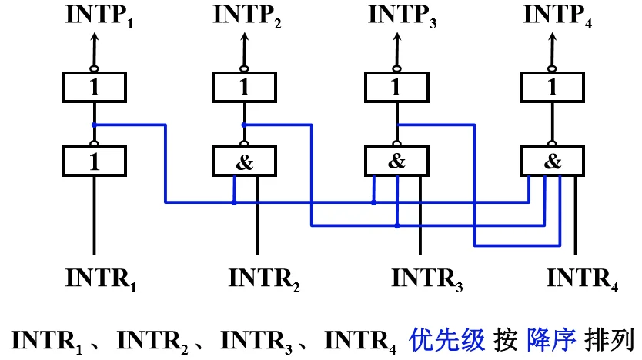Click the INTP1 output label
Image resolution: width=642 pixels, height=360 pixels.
pos(99,16)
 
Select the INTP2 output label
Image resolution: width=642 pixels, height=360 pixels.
pos(247,16)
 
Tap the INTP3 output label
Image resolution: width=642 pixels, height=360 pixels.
pos(403,16)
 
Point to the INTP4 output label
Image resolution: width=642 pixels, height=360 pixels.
pos(557,16)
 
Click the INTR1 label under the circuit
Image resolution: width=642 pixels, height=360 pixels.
pos(101,280)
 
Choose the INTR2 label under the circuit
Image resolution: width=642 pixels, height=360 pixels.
pos(264,280)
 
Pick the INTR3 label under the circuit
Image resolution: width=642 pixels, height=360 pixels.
pos(427,280)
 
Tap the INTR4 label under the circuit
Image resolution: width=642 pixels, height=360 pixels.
pos(582,280)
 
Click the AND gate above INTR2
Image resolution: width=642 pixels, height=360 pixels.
pos(245,162)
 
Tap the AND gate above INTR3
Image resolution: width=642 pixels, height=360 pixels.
pos(396,162)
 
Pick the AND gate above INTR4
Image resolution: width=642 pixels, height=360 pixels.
pos(553,162)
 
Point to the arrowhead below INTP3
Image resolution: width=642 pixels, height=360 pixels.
pos(396,37)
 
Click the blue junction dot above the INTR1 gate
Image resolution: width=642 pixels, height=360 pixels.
pos(94,125)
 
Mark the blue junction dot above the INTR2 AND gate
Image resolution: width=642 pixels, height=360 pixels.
pos(244,125)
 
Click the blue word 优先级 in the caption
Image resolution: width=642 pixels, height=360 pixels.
pos(446,339)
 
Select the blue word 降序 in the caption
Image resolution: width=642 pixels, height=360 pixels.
pos(551,339)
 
